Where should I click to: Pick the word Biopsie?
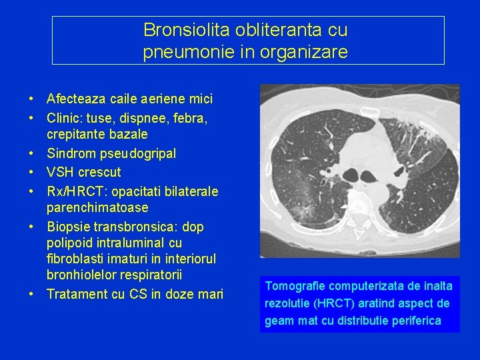69,227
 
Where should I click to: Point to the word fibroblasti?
75,259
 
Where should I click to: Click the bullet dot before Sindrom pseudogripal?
31,154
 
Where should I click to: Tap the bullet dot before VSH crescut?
31,172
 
